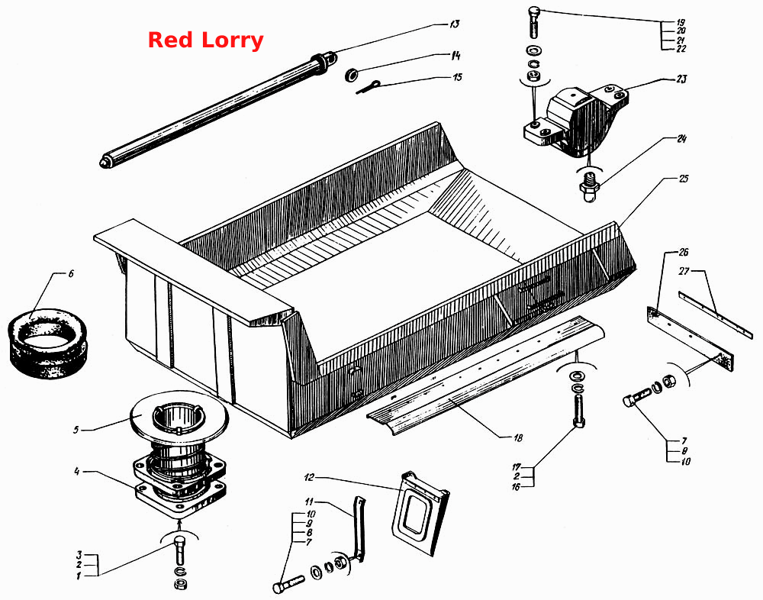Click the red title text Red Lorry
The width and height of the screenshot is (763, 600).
(205, 40)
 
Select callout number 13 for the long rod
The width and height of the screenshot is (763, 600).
(454, 24)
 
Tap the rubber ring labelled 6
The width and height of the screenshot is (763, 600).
(47, 344)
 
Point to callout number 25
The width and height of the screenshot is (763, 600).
(683, 179)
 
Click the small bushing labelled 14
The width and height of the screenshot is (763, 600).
(351, 76)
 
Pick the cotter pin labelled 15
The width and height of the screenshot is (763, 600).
(368, 87)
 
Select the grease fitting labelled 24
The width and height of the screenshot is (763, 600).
(589, 185)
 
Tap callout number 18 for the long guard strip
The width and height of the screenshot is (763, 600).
(518, 438)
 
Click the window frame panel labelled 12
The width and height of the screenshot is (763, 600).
(419, 513)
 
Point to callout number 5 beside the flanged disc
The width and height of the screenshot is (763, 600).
(76, 430)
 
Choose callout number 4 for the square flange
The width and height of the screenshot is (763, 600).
(76, 472)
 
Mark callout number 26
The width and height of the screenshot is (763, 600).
(684, 252)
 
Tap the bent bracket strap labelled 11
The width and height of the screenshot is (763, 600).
(359, 529)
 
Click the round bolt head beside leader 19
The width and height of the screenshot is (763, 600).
(535, 11)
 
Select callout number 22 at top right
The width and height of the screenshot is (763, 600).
(681, 49)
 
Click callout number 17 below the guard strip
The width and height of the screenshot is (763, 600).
(517, 467)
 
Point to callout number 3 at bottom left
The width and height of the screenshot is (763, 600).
(79, 555)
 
